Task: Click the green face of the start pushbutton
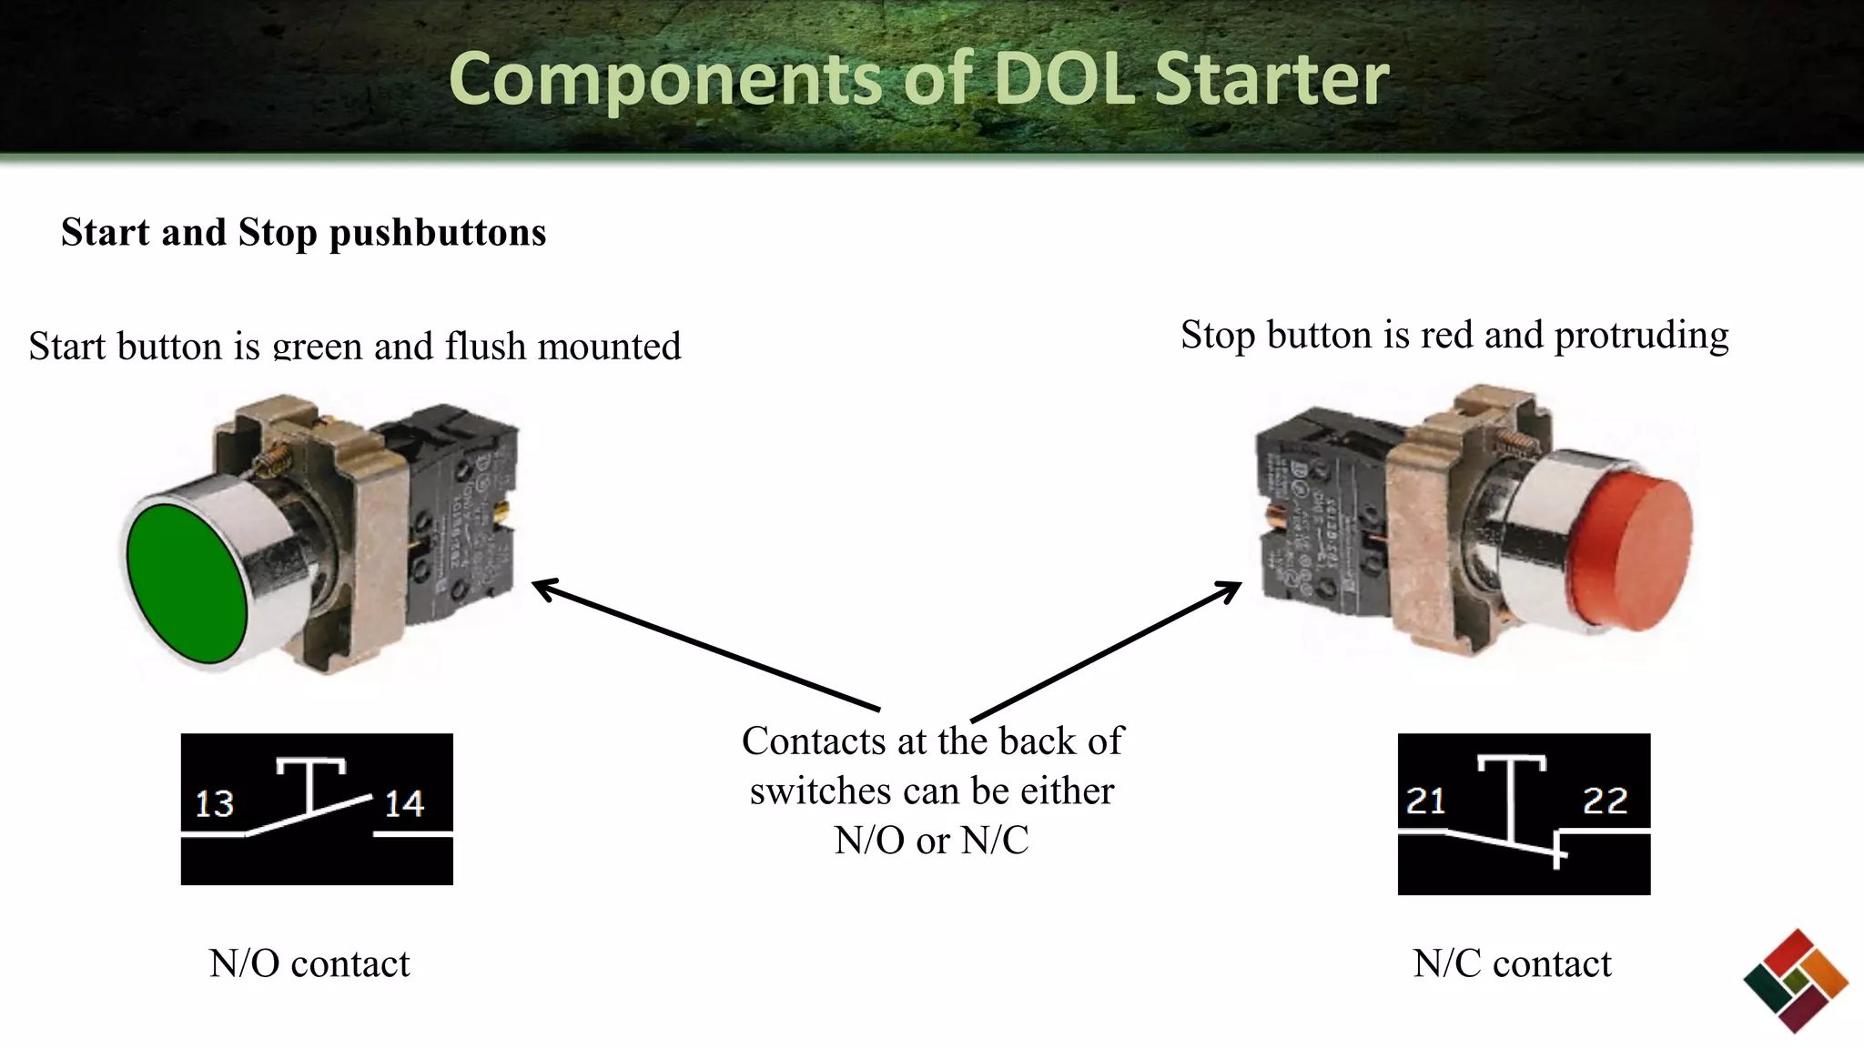187,582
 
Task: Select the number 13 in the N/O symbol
215,804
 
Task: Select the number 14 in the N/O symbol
404,804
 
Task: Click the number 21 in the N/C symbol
1425,801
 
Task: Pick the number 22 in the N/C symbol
1605,801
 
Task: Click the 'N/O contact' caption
309,963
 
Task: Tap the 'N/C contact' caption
1512,963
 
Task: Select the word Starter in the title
1271,79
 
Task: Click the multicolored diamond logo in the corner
1795,981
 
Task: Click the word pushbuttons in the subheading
438,233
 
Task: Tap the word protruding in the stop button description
1641,336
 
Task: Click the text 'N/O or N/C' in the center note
931,841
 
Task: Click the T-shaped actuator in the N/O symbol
311,778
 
